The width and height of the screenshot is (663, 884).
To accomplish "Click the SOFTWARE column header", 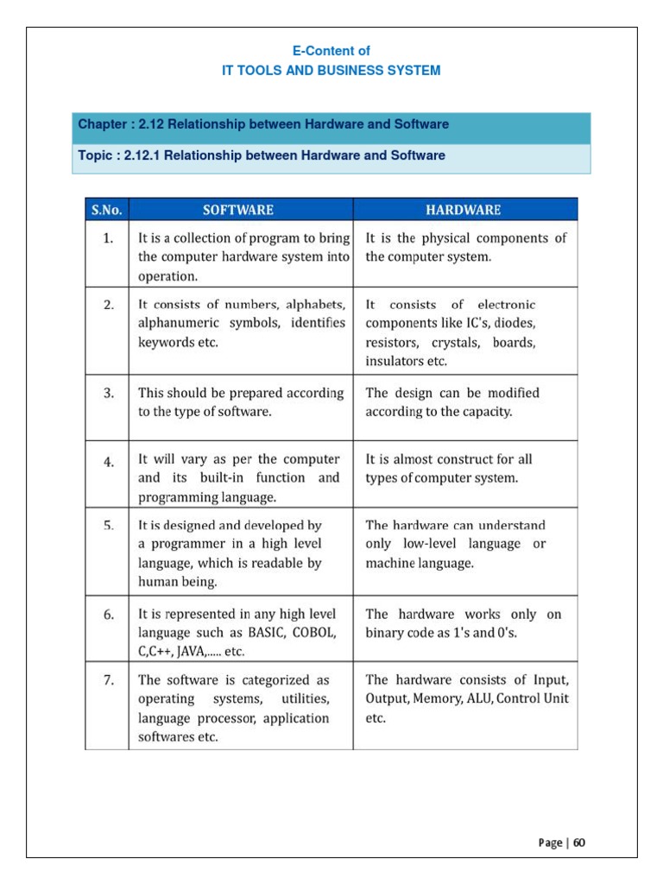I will click(x=238, y=210).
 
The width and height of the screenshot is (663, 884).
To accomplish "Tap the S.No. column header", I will click(x=107, y=210).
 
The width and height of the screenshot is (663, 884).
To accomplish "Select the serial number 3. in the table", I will click(x=109, y=393).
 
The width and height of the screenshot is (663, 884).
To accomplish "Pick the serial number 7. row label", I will click(x=109, y=680).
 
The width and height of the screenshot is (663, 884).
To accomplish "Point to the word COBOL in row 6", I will click(x=313, y=633).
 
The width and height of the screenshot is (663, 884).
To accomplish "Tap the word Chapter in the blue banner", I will click(x=101, y=124).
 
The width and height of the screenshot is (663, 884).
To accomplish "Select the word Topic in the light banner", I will click(x=95, y=156).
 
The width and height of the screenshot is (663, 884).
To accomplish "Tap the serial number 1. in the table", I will click(x=109, y=238).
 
